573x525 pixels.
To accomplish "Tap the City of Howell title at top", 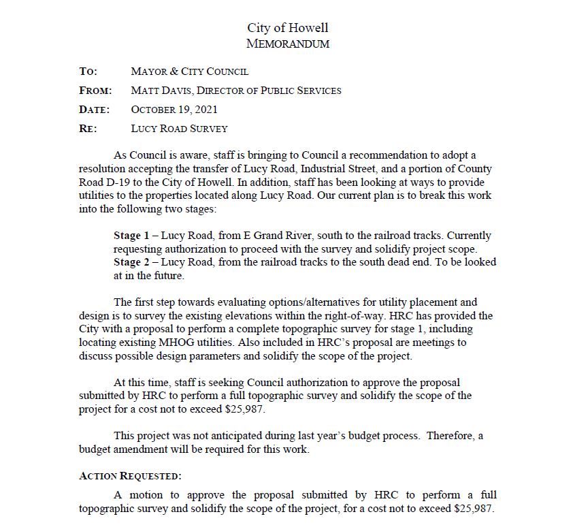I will [287, 28].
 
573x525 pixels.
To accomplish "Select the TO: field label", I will [88, 71].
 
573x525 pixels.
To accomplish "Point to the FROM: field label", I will [95, 91].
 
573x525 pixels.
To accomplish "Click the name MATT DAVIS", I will [158, 91].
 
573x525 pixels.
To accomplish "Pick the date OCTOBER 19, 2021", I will [174, 110].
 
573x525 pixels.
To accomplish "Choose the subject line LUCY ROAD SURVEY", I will [179, 129].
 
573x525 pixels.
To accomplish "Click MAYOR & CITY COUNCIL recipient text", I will [189, 71].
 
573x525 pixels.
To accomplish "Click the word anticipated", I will [227, 436].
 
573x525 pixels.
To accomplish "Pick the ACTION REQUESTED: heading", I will [130, 476].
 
